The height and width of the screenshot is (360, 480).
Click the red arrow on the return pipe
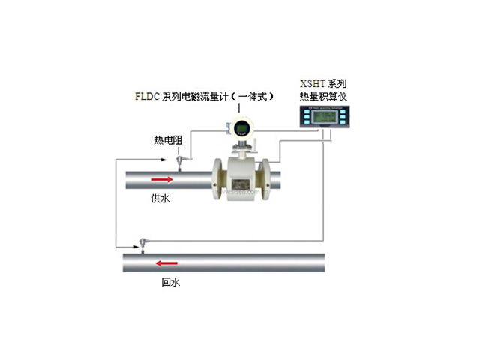(166, 262)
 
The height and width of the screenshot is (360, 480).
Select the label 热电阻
(165, 140)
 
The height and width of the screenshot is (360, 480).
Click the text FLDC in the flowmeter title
(147, 97)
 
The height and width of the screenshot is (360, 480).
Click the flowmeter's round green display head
(243, 127)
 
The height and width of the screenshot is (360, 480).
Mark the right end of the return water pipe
(322, 264)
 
